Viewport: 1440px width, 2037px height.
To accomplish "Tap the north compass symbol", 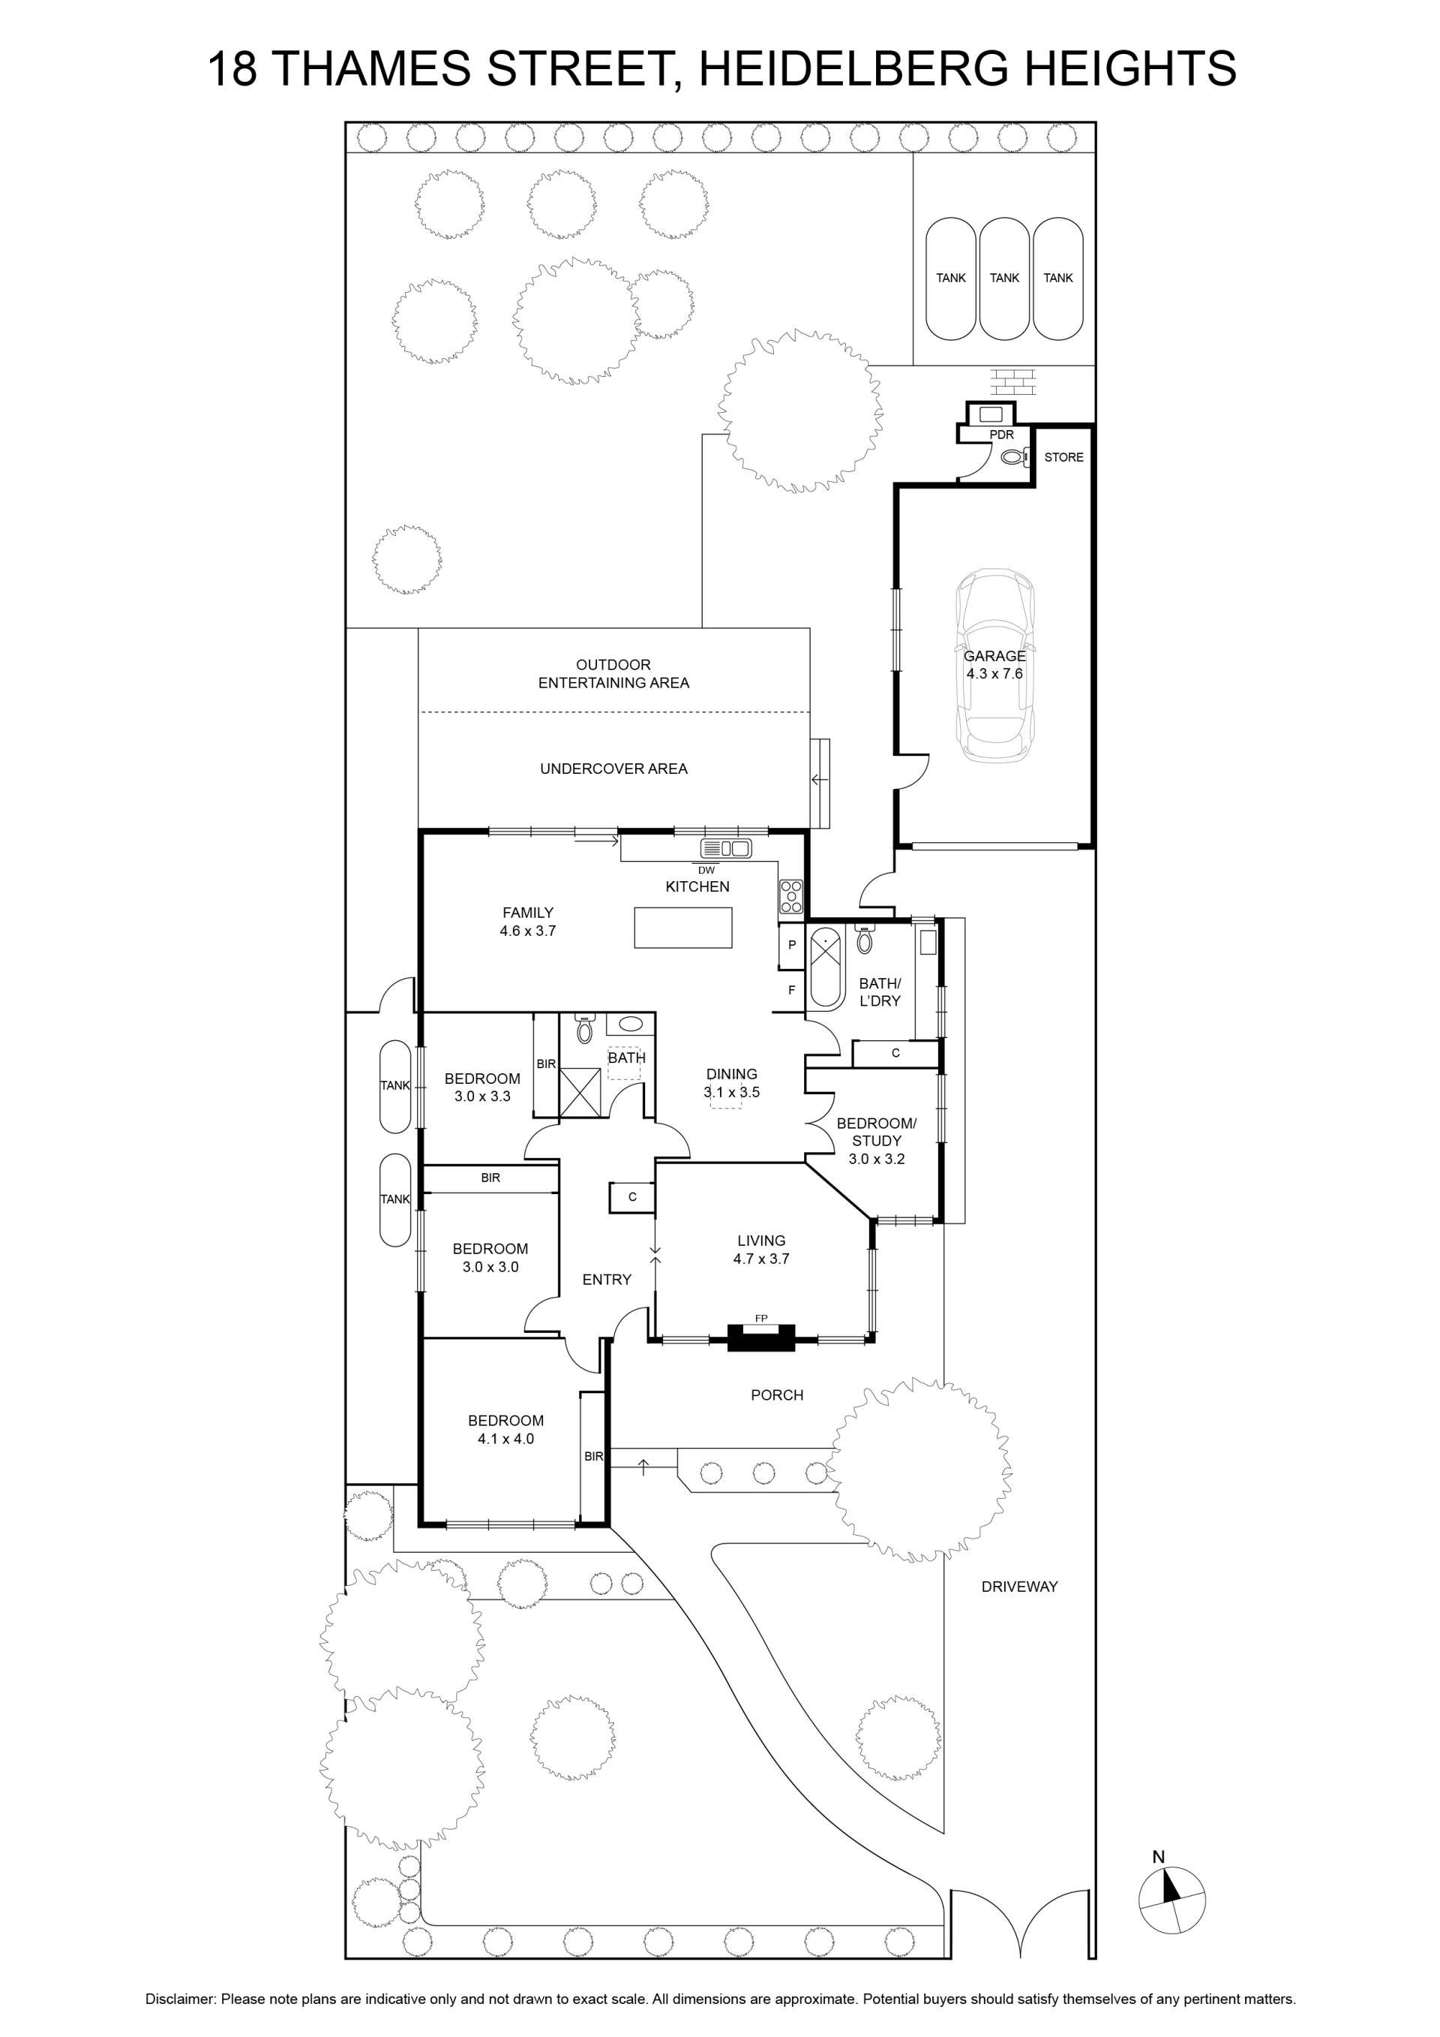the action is pyautogui.click(x=1171, y=1900).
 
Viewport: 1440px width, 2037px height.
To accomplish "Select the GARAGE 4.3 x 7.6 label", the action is pyautogui.click(x=995, y=664).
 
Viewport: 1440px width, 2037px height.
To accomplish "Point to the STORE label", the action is pyautogui.click(x=1063, y=458).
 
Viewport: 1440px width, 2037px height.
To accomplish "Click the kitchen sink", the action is pyautogui.click(x=726, y=848).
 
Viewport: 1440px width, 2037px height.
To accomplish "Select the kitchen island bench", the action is pyautogui.click(x=682, y=928).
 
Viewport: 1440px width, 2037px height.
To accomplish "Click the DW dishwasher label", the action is pyautogui.click(x=706, y=871).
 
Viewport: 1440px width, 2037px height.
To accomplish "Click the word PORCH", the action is pyautogui.click(x=777, y=1395).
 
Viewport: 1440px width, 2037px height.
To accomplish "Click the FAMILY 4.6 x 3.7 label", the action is pyautogui.click(x=527, y=922).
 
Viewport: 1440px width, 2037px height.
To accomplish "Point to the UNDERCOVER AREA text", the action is pyautogui.click(x=613, y=769).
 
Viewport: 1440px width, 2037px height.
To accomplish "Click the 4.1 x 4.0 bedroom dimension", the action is pyautogui.click(x=505, y=1439).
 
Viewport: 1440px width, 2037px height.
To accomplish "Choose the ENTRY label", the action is pyautogui.click(x=607, y=1280).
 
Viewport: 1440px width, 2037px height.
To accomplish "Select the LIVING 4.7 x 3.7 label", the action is pyautogui.click(x=760, y=1249).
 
